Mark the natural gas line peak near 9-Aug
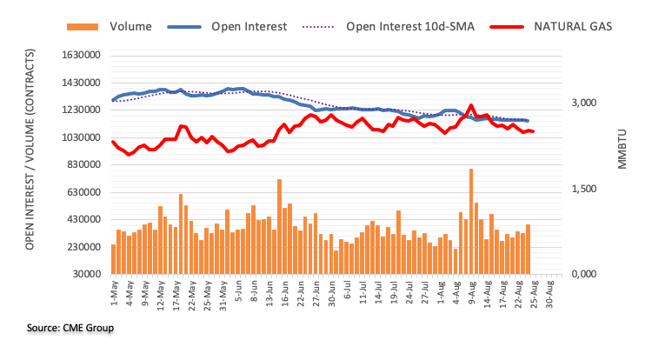[471, 106]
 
